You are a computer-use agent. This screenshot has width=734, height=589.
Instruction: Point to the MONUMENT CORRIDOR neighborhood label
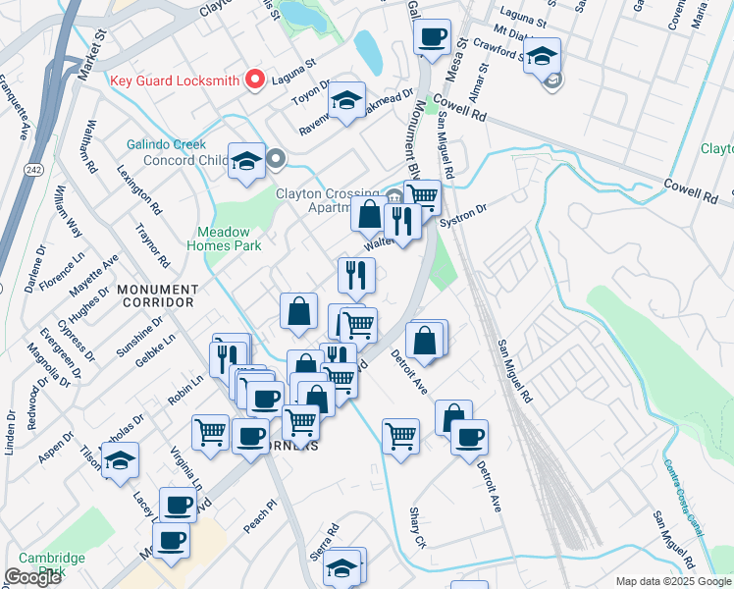coord(158,296)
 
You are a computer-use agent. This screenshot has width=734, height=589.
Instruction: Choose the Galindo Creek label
coord(164,143)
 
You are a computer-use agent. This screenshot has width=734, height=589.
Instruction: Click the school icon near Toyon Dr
coord(346,101)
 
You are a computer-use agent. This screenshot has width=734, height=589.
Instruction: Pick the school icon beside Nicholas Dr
coord(120,460)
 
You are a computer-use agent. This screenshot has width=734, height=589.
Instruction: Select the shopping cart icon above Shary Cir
coord(400,434)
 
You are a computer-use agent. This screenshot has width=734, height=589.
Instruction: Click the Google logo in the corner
coord(32,577)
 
